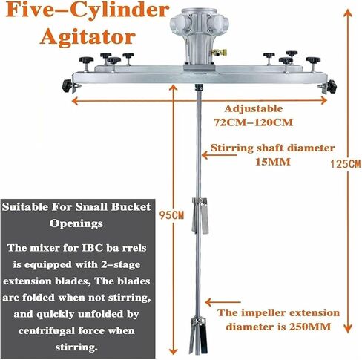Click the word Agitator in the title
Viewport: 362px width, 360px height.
point(88,37)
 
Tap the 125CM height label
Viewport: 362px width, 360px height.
point(346,164)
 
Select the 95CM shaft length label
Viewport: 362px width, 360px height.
point(171,215)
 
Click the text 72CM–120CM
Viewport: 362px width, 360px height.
point(253,122)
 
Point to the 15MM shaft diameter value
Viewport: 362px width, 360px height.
point(273,162)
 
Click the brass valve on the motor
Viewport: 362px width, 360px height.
point(218,53)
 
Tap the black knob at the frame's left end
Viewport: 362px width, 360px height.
point(67,86)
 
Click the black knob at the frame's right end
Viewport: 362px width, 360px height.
point(332,85)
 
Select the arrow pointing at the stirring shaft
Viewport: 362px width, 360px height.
point(219,155)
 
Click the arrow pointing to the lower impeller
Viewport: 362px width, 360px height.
point(223,302)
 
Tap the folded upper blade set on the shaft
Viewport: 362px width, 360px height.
point(200,215)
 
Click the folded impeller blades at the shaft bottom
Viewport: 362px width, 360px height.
point(198,336)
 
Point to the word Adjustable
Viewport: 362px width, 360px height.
point(254,109)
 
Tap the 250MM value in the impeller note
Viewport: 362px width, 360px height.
point(310,327)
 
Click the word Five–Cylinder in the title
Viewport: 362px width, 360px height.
point(88,10)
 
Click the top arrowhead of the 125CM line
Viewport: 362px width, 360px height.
point(348,13)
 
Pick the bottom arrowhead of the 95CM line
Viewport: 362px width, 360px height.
point(173,350)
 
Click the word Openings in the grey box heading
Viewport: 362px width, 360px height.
point(76,224)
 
